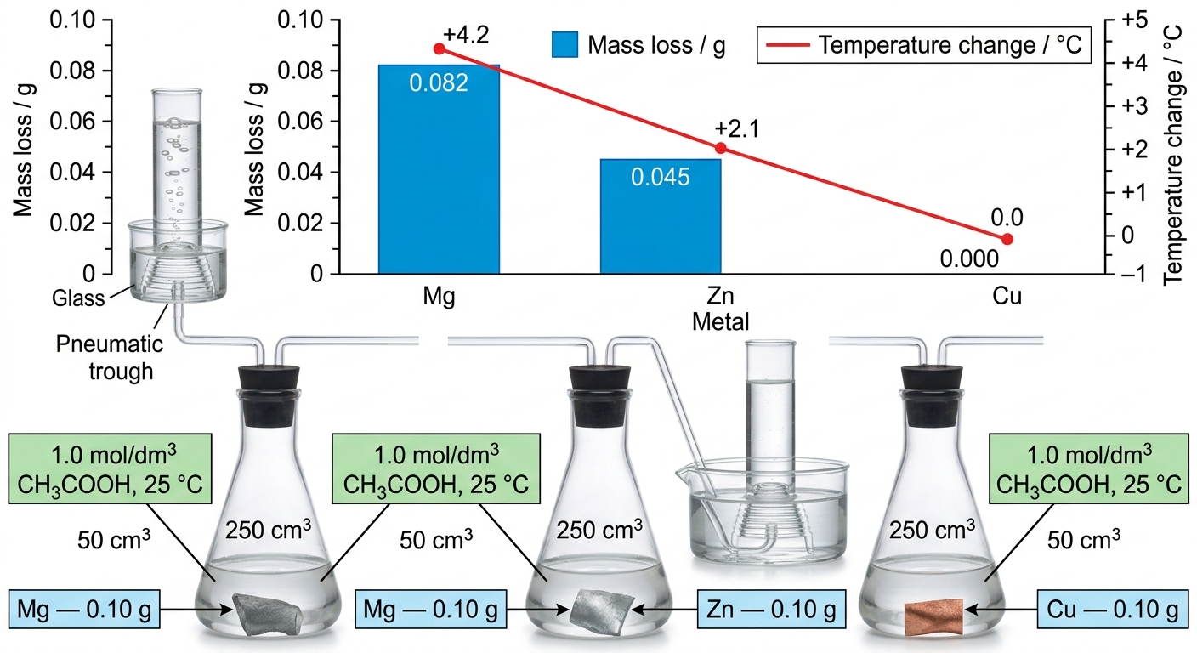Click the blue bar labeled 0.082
(x=439, y=169)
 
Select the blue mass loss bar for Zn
(x=661, y=217)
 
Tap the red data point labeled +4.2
(x=440, y=49)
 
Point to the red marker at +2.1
(x=720, y=148)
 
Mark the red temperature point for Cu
(x=1007, y=239)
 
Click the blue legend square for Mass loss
(x=564, y=44)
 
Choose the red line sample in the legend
(x=788, y=45)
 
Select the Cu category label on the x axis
(x=1007, y=296)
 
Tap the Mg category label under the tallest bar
(x=439, y=297)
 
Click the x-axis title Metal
(x=720, y=322)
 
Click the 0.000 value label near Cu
(x=969, y=259)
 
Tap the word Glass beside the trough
(x=78, y=298)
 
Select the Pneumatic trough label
(x=110, y=357)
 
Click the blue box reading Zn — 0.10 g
(x=771, y=609)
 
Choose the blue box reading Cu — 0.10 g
(x=1113, y=609)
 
